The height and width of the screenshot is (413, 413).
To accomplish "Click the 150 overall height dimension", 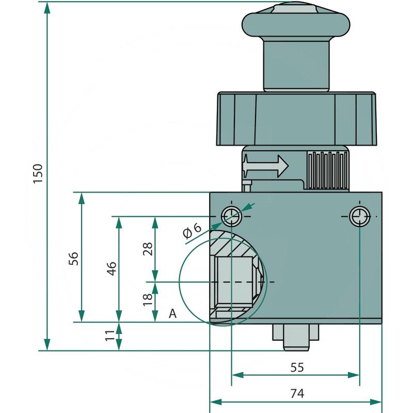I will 38,174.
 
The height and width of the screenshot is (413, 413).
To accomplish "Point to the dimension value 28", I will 148,249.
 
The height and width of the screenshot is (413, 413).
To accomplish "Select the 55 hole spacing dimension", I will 297,367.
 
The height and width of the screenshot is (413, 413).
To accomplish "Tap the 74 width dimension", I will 297,393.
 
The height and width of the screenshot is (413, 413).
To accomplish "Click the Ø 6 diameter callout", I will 192,231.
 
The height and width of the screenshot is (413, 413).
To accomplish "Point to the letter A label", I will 173,313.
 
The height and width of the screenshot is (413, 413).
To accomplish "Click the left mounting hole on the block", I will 231,216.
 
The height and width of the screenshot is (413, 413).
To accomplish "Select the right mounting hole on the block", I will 359,216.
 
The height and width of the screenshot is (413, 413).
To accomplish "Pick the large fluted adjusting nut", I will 296,119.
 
